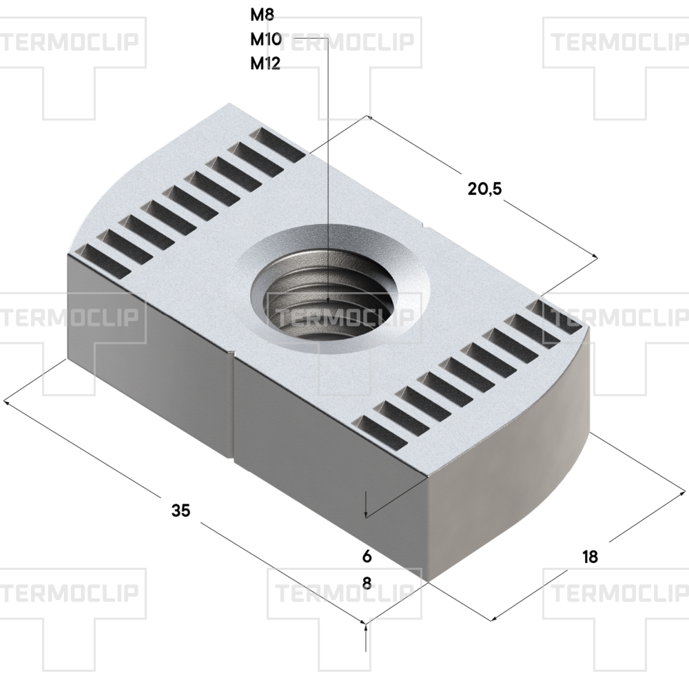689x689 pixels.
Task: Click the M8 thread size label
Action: [263, 14]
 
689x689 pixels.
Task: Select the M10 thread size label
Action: [265, 39]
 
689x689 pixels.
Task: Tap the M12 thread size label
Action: [265, 64]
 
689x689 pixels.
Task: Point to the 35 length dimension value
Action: [181, 511]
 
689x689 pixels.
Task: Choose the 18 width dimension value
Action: [589, 557]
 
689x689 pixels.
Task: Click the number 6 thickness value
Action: [367, 556]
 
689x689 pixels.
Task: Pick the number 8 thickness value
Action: [367, 584]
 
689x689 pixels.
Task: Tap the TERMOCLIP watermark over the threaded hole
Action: [344, 318]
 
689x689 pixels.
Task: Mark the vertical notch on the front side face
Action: [232, 407]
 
